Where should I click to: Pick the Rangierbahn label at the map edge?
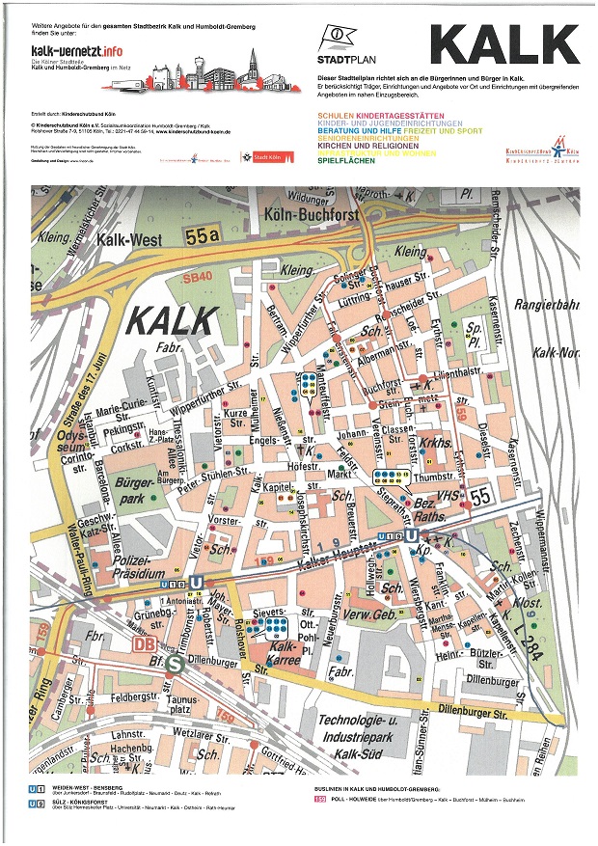(x=550, y=305)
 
